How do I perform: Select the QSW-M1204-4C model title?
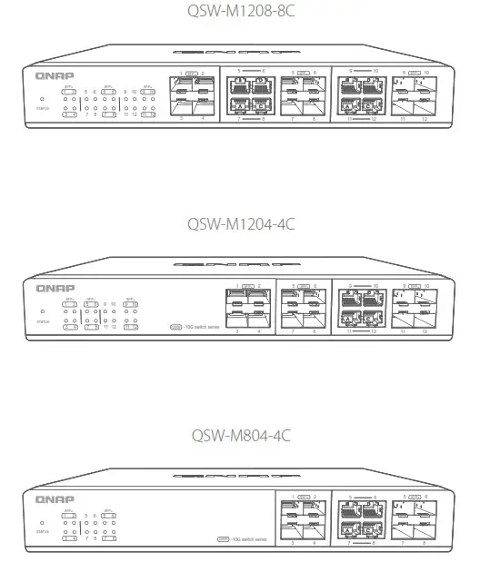pyautogui.click(x=240, y=222)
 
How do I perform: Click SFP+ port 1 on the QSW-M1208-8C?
pyautogui.click(x=180, y=88)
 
